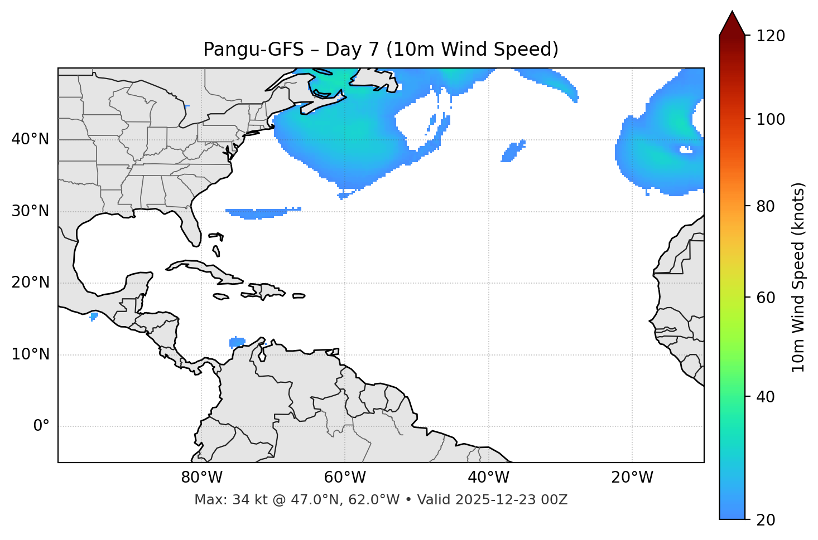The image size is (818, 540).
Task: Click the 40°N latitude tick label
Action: click(30, 139)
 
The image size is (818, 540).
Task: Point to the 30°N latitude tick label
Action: click(30, 211)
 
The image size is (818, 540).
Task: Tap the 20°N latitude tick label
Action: click(30, 283)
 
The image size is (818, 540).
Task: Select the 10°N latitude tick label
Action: click(30, 354)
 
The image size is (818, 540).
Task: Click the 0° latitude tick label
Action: click(41, 426)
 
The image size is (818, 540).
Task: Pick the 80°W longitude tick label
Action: click(201, 478)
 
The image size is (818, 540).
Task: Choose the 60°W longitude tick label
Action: click(345, 478)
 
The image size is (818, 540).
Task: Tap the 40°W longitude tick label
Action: click(488, 478)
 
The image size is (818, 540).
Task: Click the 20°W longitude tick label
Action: click(632, 478)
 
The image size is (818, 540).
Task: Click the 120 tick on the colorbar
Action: click(771, 36)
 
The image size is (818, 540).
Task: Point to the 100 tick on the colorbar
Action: click(771, 119)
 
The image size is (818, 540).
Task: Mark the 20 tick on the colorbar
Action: click(766, 520)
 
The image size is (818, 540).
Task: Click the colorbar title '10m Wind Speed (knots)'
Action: click(798, 277)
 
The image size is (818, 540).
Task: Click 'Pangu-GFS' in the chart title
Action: click(253, 50)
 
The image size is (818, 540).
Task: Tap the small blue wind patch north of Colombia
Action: click(237, 342)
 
